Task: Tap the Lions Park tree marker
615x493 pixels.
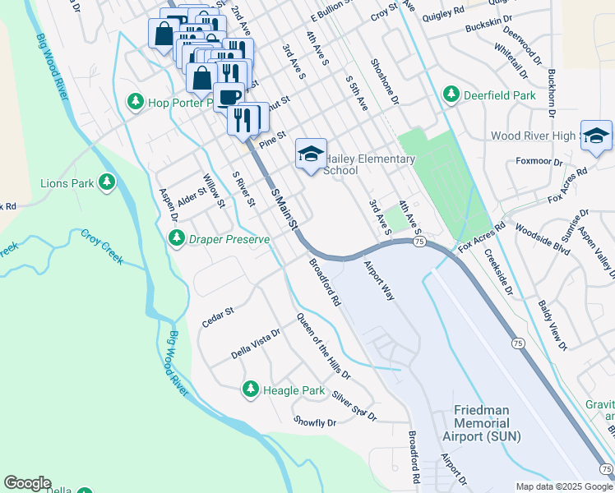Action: [x=106, y=182]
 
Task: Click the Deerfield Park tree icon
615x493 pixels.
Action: [x=451, y=95]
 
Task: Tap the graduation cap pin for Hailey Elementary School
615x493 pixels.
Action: [x=311, y=153]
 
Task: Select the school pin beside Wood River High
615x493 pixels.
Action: [x=595, y=136]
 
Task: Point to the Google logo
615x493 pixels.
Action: [x=27, y=483]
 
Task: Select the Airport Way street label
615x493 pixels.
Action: [x=380, y=282]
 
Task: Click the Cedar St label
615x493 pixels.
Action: [x=218, y=317]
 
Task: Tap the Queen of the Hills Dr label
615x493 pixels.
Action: [x=323, y=346]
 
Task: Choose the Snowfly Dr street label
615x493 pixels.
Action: [x=315, y=422]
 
